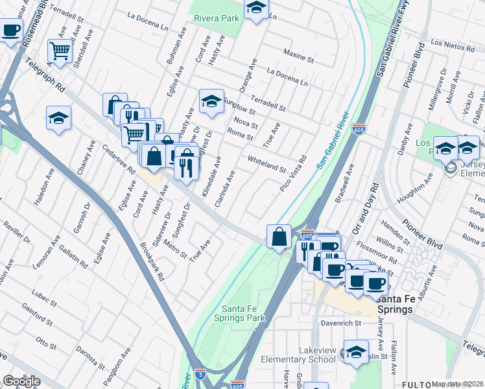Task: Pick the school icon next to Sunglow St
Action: (211, 100)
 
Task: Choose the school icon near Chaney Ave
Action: (58, 118)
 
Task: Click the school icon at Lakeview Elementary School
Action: (356, 351)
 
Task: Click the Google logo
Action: (21, 381)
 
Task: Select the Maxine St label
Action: (298, 56)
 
